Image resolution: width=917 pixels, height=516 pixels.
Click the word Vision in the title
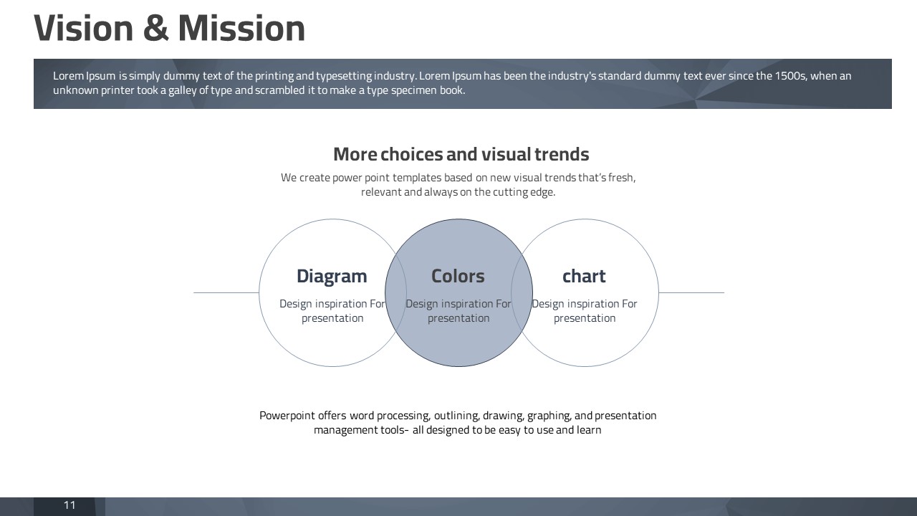(84, 28)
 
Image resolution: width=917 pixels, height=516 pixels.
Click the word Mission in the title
(241, 28)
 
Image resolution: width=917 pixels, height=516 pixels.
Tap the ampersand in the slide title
(156, 28)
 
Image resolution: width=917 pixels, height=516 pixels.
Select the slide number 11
(69, 505)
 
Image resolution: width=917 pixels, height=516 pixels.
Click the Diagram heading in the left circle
(332, 277)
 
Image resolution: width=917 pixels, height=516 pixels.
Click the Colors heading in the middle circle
(458, 276)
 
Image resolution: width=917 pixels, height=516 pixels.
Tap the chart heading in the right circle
(584, 276)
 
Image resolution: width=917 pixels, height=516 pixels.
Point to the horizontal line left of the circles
(226, 293)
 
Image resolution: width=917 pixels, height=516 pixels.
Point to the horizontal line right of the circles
(691, 293)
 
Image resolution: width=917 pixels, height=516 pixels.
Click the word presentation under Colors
(458, 319)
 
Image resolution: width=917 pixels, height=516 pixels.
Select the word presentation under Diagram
(332, 319)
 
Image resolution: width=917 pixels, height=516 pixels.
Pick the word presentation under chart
(585, 319)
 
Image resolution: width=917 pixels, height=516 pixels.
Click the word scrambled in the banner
(279, 90)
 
